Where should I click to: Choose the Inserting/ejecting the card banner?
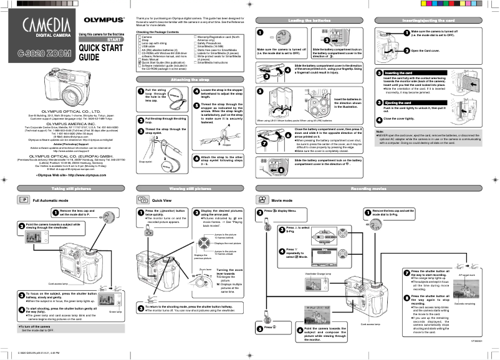coord(435,21)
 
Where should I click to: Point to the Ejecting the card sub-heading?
coord(396,102)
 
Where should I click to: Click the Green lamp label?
coord(114,311)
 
